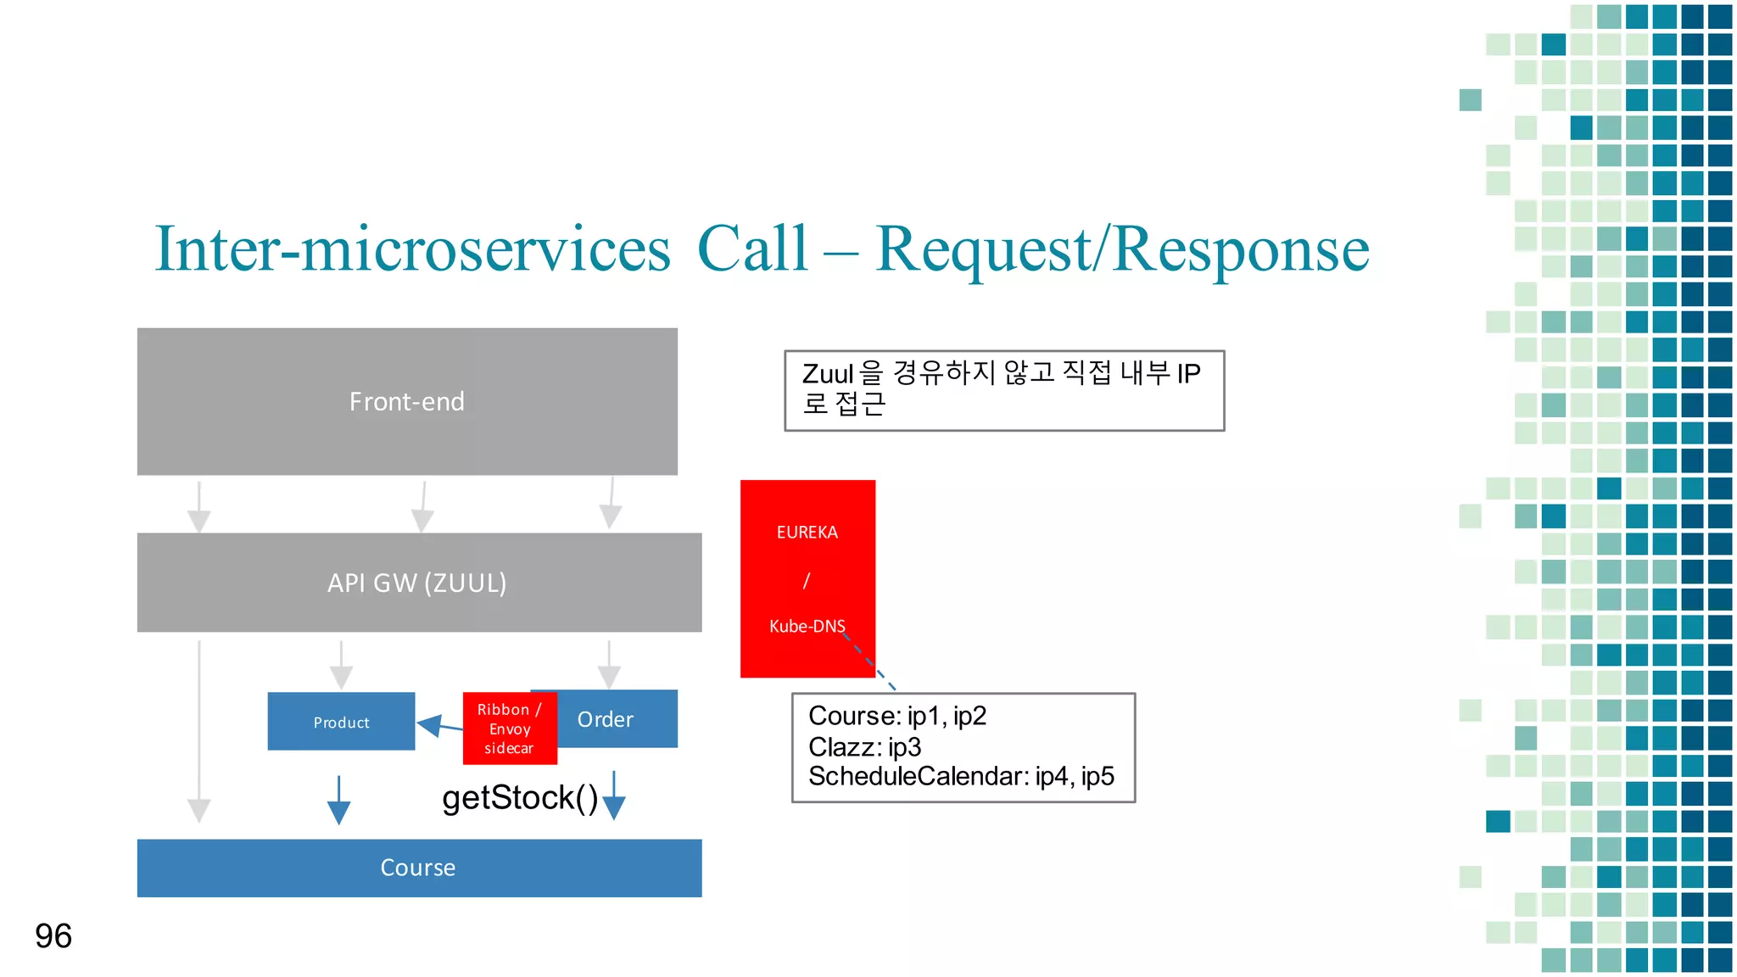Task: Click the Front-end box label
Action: pos(407,401)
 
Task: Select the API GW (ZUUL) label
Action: pos(417,583)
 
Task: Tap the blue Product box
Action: pos(341,722)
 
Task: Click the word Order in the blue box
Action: pos(606,719)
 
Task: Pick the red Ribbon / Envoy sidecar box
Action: pos(510,729)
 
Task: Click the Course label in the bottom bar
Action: pos(418,868)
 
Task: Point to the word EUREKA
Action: pos(807,532)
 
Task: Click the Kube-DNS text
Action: pos(807,626)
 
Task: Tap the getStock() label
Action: pos(520,798)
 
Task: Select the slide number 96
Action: pos(53,935)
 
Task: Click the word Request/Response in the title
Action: pos(1122,249)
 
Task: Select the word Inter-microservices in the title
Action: pos(412,249)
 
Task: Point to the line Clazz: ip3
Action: pos(864,747)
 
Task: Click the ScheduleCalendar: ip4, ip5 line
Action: pos(961,776)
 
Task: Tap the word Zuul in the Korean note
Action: pos(828,373)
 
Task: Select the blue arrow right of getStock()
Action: pos(614,796)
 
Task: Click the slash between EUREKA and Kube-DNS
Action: pos(807,580)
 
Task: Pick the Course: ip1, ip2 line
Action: pos(896,716)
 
